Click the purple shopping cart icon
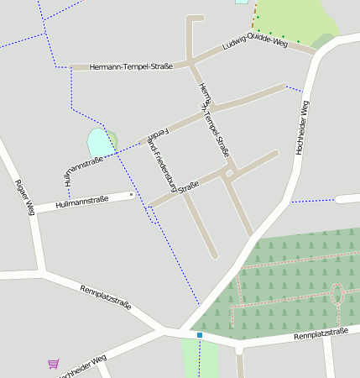[x=54, y=364]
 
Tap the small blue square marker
[x=200, y=335]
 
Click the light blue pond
[x=98, y=142]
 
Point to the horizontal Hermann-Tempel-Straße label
[x=125, y=66]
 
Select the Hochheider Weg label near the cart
[x=82, y=367]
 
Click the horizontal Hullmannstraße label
[x=81, y=202]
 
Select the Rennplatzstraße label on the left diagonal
[x=106, y=298]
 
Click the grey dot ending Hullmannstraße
[x=132, y=195]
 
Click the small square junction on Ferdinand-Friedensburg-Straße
[x=228, y=173]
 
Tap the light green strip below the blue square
[x=201, y=360]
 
